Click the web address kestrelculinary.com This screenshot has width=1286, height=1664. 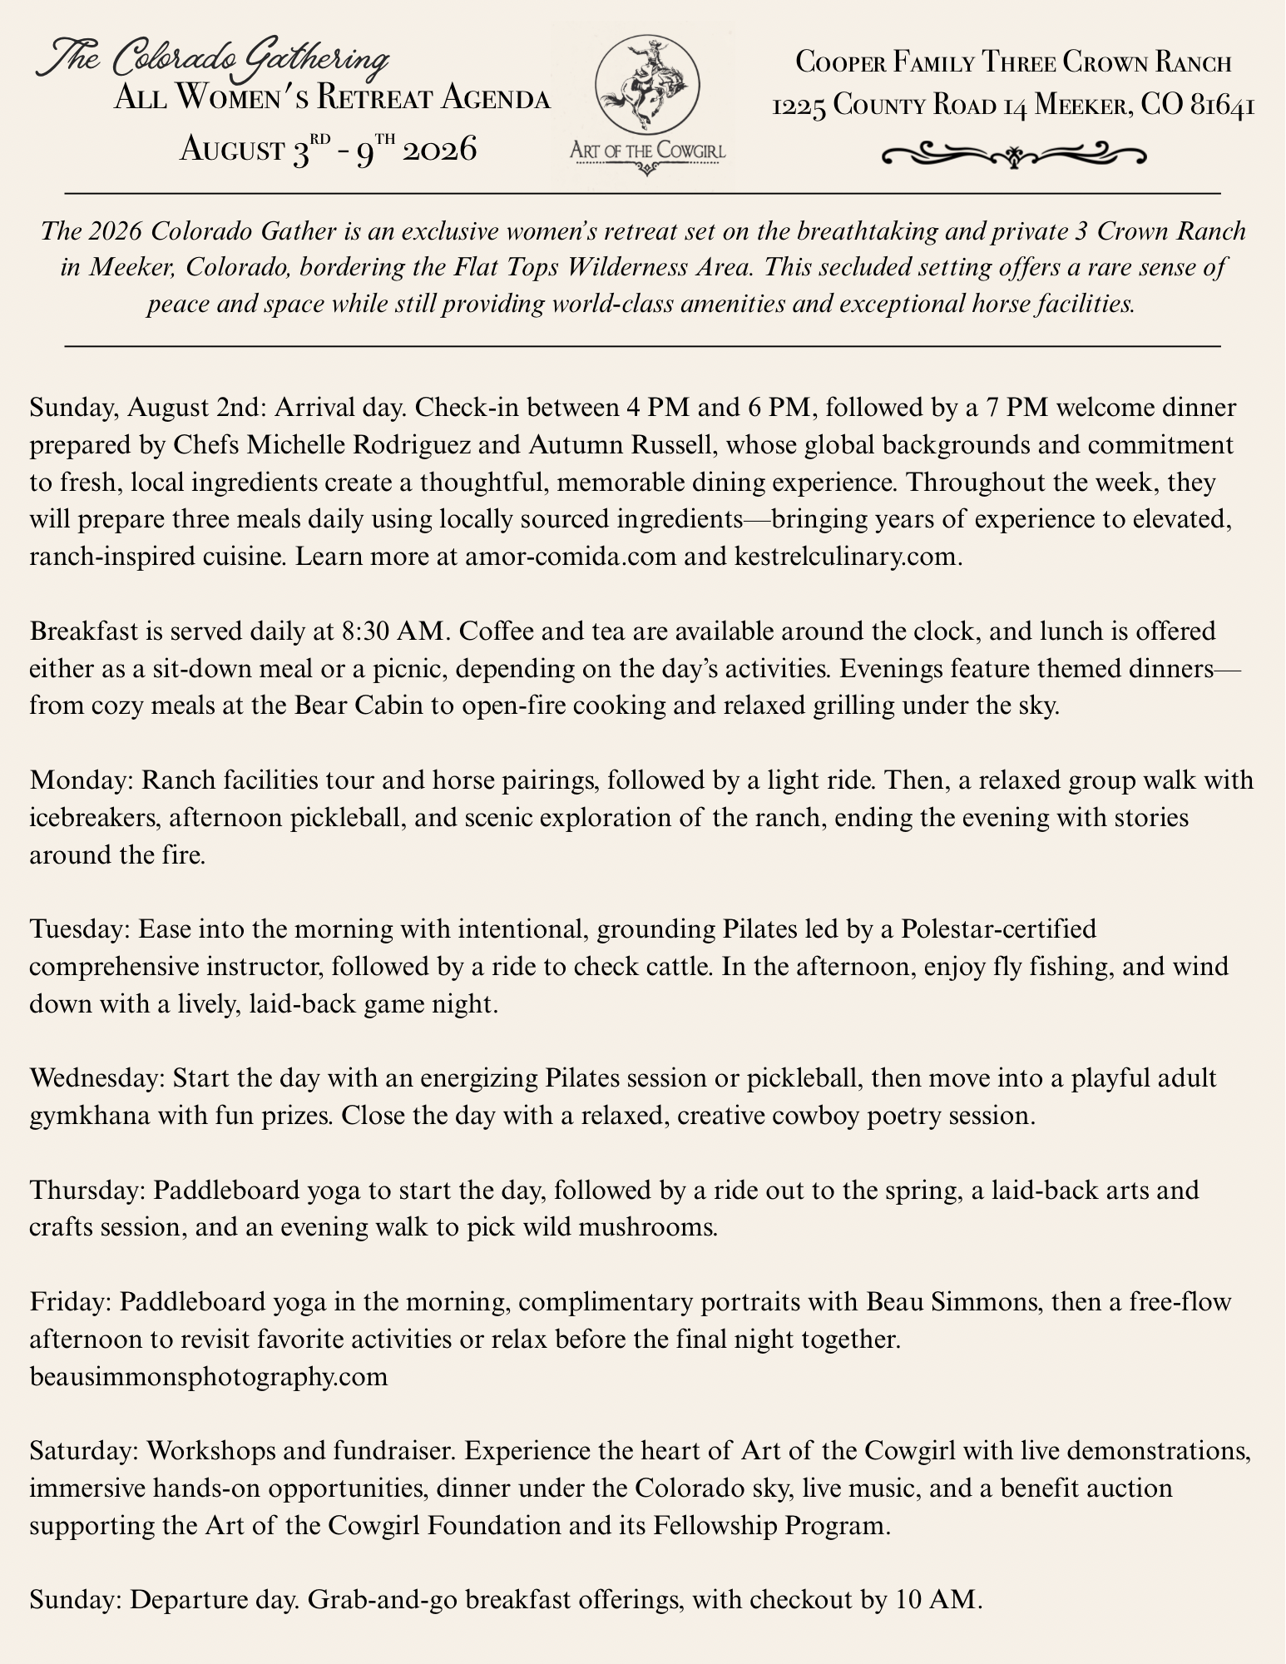click(x=848, y=557)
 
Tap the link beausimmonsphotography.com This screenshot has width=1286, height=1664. click(x=209, y=1376)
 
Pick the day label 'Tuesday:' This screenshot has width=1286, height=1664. click(x=80, y=929)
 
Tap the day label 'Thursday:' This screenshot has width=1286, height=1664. click(x=87, y=1190)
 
